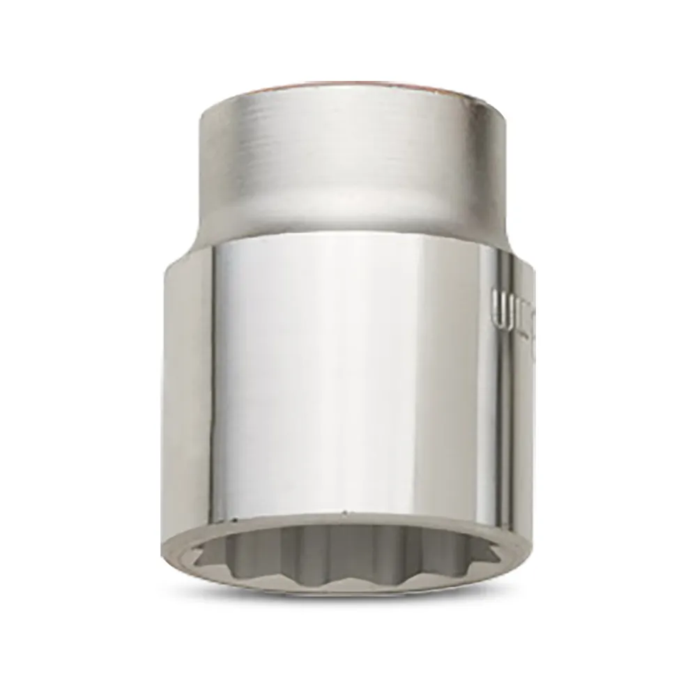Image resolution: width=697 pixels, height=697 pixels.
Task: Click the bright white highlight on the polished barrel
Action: (348, 362)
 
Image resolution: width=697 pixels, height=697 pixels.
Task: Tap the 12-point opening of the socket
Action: (348, 558)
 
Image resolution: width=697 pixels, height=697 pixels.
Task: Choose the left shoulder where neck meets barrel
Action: (183, 251)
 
